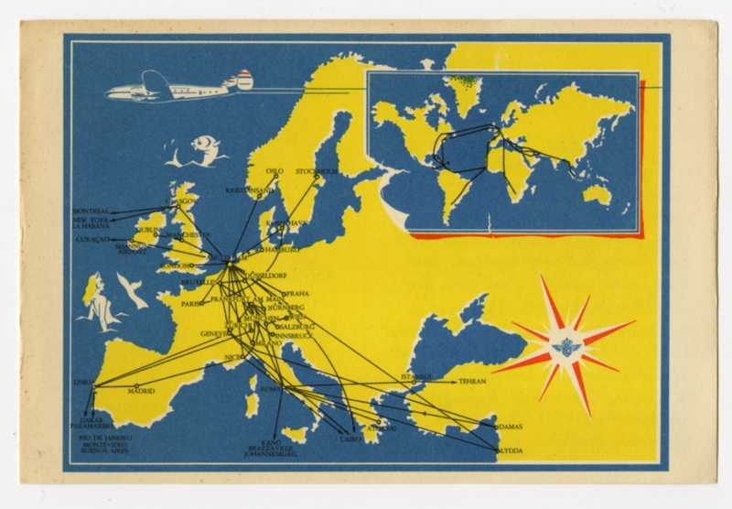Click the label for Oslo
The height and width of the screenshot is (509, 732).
(274, 170)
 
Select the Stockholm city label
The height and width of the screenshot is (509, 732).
(318, 170)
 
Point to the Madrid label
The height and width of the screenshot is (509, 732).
(140, 391)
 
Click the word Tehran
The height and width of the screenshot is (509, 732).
(473, 380)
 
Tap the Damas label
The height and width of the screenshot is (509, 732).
(510, 428)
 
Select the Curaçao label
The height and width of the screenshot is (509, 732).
(88, 238)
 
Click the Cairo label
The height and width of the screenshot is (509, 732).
(350, 439)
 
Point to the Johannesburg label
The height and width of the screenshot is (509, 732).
(274, 452)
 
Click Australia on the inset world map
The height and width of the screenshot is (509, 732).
(597, 193)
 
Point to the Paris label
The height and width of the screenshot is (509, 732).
(192, 303)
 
